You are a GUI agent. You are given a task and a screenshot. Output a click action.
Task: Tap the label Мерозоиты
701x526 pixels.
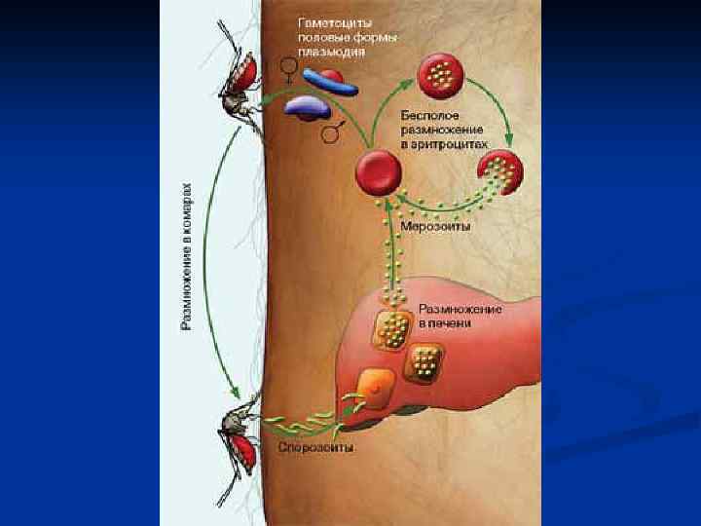[435, 227]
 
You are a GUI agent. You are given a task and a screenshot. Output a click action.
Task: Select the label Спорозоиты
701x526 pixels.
[315, 449]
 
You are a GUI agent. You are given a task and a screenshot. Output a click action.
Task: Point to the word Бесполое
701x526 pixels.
[428, 115]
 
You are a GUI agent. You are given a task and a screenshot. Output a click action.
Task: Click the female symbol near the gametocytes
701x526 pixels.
[288, 67]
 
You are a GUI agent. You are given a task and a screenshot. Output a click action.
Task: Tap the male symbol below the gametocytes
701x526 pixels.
[333, 131]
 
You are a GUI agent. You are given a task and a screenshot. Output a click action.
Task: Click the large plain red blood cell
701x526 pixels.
[378, 173]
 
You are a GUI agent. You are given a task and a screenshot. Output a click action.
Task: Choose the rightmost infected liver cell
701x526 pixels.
[425, 364]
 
